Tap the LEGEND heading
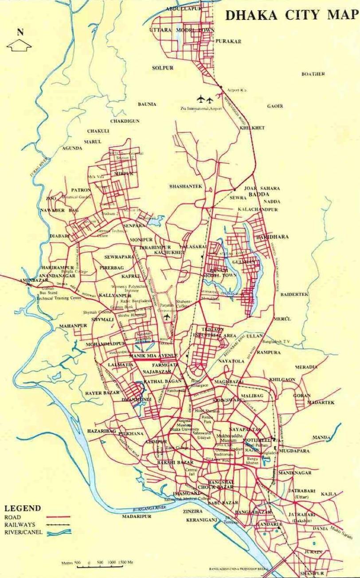pyautogui.click(x=23, y=508)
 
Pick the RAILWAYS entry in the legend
pyautogui.click(x=20, y=524)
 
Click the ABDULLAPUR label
pyautogui.click(x=184, y=9)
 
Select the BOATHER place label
pyautogui.click(x=313, y=74)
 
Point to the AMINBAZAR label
pyautogui.click(x=33, y=281)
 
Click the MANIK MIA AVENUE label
pyautogui.click(x=153, y=356)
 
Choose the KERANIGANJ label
pyautogui.click(x=202, y=519)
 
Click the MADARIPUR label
pyautogui.click(x=137, y=517)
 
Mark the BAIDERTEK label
pyautogui.click(x=294, y=294)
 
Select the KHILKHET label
pyautogui.click(x=252, y=128)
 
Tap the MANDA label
pyautogui.click(x=321, y=437)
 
